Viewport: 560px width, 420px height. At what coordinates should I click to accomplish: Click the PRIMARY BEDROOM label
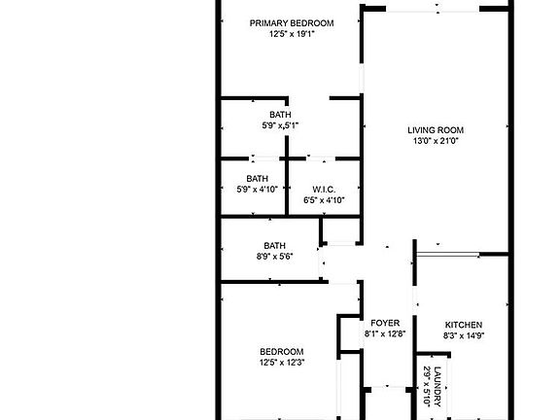point(292,23)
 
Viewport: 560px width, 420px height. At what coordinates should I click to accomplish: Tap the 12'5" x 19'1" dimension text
point(292,34)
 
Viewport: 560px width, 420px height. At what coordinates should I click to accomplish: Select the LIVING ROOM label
point(435,130)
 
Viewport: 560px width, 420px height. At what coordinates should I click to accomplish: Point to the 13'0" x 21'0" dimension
point(435,141)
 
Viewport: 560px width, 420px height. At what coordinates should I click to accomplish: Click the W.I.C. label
point(324,189)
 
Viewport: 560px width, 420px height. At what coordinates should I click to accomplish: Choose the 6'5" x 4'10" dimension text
point(324,200)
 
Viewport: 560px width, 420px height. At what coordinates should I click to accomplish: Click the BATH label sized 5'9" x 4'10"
point(257,178)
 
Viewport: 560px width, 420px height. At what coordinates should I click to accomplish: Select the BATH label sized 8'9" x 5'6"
point(275,245)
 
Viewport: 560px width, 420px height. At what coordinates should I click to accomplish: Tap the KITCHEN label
point(464,325)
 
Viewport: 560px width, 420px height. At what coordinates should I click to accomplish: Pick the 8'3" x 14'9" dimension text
point(464,336)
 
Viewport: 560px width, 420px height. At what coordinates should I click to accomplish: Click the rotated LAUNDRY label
point(437,387)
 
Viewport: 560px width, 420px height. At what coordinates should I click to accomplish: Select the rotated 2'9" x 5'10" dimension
point(426,387)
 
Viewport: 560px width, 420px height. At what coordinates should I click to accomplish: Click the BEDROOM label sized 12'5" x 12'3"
point(281,352)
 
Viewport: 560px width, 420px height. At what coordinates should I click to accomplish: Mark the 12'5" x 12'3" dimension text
point(281,364)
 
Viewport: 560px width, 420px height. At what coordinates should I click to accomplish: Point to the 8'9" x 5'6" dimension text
point(275,257)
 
